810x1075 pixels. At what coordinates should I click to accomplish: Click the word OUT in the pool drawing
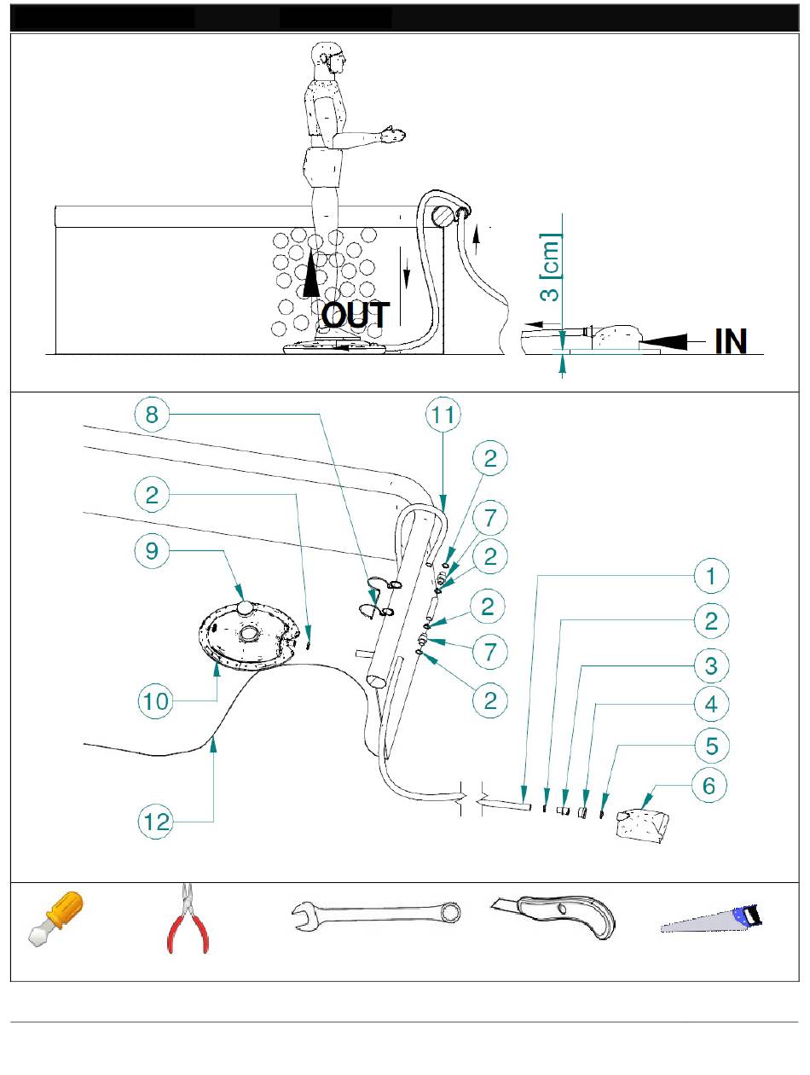tap(356, 315)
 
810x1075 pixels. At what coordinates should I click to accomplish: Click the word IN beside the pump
tap(730, 341)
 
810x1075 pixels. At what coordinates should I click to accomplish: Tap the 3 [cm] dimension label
tap(549, 267)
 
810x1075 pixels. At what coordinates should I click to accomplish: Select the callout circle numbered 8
tap(152, 415)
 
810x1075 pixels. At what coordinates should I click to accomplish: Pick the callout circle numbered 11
tap(443, 415)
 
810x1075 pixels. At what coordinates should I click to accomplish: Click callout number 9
tap(152, 551)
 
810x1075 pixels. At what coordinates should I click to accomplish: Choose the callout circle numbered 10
tap(156, 702)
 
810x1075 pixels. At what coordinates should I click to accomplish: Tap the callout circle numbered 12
tap(156, 822)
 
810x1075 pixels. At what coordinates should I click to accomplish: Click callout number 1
tap(711, 576)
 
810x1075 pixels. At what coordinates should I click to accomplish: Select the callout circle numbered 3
tap(711, 666)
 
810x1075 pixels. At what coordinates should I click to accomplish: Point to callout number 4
tap(711, 705)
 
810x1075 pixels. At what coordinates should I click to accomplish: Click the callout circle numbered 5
tap(711, 747)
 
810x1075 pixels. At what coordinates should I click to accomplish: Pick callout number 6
tap(709, 786)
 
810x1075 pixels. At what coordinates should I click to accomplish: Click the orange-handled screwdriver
tap(55, 919)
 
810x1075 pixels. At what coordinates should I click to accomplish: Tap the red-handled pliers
tap(188, 919)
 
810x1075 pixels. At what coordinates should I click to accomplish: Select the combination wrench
tap(376, 915)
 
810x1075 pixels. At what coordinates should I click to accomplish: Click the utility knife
tap(553, 915)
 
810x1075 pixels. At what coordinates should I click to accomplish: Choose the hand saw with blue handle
tap(711, 918)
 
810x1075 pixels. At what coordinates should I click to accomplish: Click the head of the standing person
tap(328, 58)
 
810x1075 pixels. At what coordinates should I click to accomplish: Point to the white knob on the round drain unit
tap(245, 607)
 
